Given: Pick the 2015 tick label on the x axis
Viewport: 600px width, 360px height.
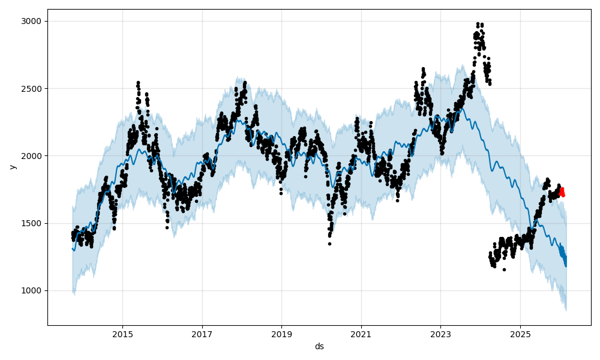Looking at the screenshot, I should coord(122,334).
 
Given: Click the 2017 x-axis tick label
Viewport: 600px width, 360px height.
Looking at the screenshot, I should coord(202,334).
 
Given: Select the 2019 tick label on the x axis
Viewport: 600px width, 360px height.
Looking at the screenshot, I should coord(281,334).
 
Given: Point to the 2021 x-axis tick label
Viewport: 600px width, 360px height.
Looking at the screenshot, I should coord(361,334).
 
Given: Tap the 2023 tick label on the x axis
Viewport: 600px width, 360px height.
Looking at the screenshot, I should coord(440,334).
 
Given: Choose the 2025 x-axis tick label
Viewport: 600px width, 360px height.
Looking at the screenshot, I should coord(520,334).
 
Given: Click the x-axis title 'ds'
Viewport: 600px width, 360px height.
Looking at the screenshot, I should coord(319,346).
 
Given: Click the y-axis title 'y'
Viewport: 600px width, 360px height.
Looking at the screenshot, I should coord(11,167).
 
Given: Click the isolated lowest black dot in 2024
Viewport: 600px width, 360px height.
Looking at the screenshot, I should coord(504,269).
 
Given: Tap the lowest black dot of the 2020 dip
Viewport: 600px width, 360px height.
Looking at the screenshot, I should coord(329,244).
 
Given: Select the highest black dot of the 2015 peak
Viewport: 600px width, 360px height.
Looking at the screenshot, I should coord(138,82).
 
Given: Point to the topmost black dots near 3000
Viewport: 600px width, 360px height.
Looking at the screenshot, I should coord(478,24).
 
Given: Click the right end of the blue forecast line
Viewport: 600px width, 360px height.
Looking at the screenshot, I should coord(565,265).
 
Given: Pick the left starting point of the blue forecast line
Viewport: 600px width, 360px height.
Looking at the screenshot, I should coord(73,248).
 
